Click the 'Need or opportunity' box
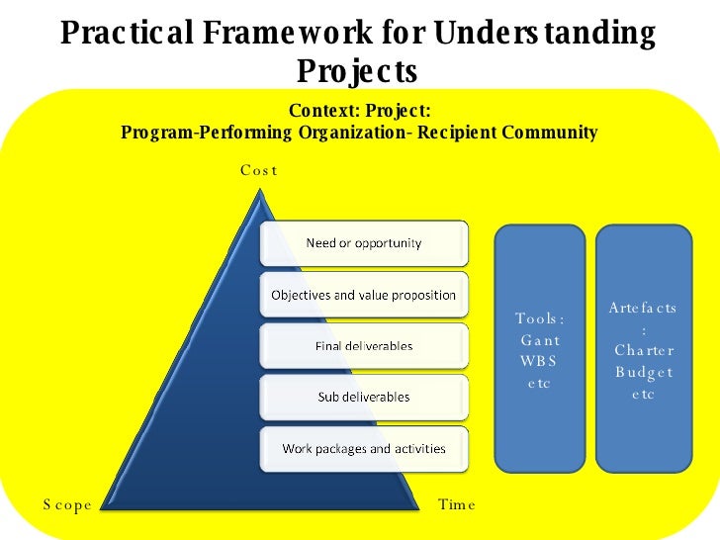tap(363, 243)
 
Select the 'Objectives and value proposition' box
tap(363, 295)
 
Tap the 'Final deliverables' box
tap(363, 346)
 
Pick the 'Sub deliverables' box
tap(363, 397)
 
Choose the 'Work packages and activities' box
tap(363, 448)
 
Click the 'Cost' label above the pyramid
tap(259, 170)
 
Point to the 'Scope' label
tap(67, 504)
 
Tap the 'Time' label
tap(456, 504)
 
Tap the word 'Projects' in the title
tap(357, 71)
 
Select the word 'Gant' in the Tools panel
tap(540, 340)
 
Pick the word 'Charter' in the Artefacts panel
tap(643, 350)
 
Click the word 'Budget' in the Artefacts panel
tap(643, 372)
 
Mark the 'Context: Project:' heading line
tap(359, 111)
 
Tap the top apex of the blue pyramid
tap(262, 193)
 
